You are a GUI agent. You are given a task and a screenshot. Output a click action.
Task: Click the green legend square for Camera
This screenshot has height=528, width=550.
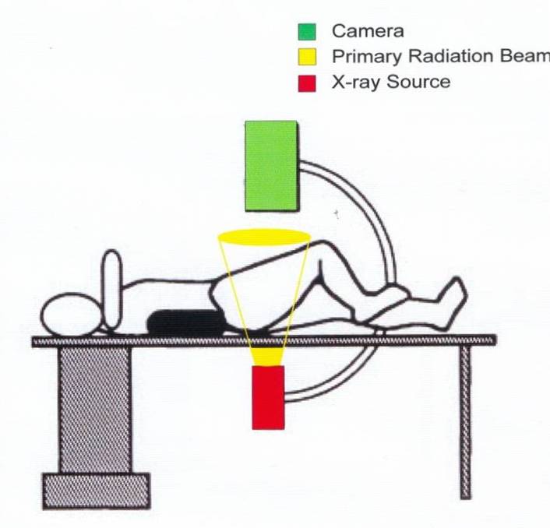coord(307,32)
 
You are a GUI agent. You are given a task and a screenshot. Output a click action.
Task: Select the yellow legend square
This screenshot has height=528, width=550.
coord(307,57)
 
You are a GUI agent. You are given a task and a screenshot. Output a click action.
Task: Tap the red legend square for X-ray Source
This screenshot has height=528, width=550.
coord(307,82)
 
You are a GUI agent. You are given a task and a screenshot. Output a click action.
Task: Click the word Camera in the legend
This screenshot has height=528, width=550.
coord(368,32)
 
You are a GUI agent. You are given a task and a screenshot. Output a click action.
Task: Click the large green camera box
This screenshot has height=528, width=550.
coord(271,164)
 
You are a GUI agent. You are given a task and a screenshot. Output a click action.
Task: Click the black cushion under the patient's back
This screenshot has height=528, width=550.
coord(185,322)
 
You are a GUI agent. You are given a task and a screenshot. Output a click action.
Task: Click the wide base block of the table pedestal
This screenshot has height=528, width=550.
coord(95,491)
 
